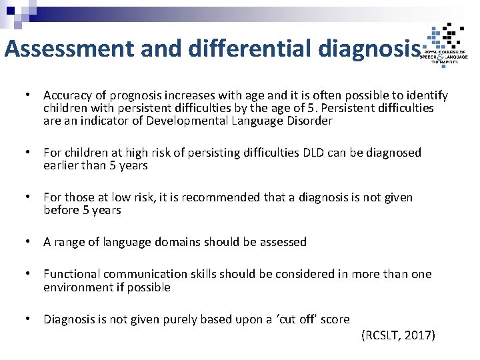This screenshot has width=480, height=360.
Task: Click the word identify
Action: tap(426, 96)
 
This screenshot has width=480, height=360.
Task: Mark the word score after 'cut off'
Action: tap(335, 319)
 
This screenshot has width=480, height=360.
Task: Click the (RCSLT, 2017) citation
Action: tap(398, 335)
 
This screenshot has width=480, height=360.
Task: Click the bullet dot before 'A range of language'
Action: tap(29, 242)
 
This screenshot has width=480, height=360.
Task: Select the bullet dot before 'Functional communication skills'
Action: tap(29, 274)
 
